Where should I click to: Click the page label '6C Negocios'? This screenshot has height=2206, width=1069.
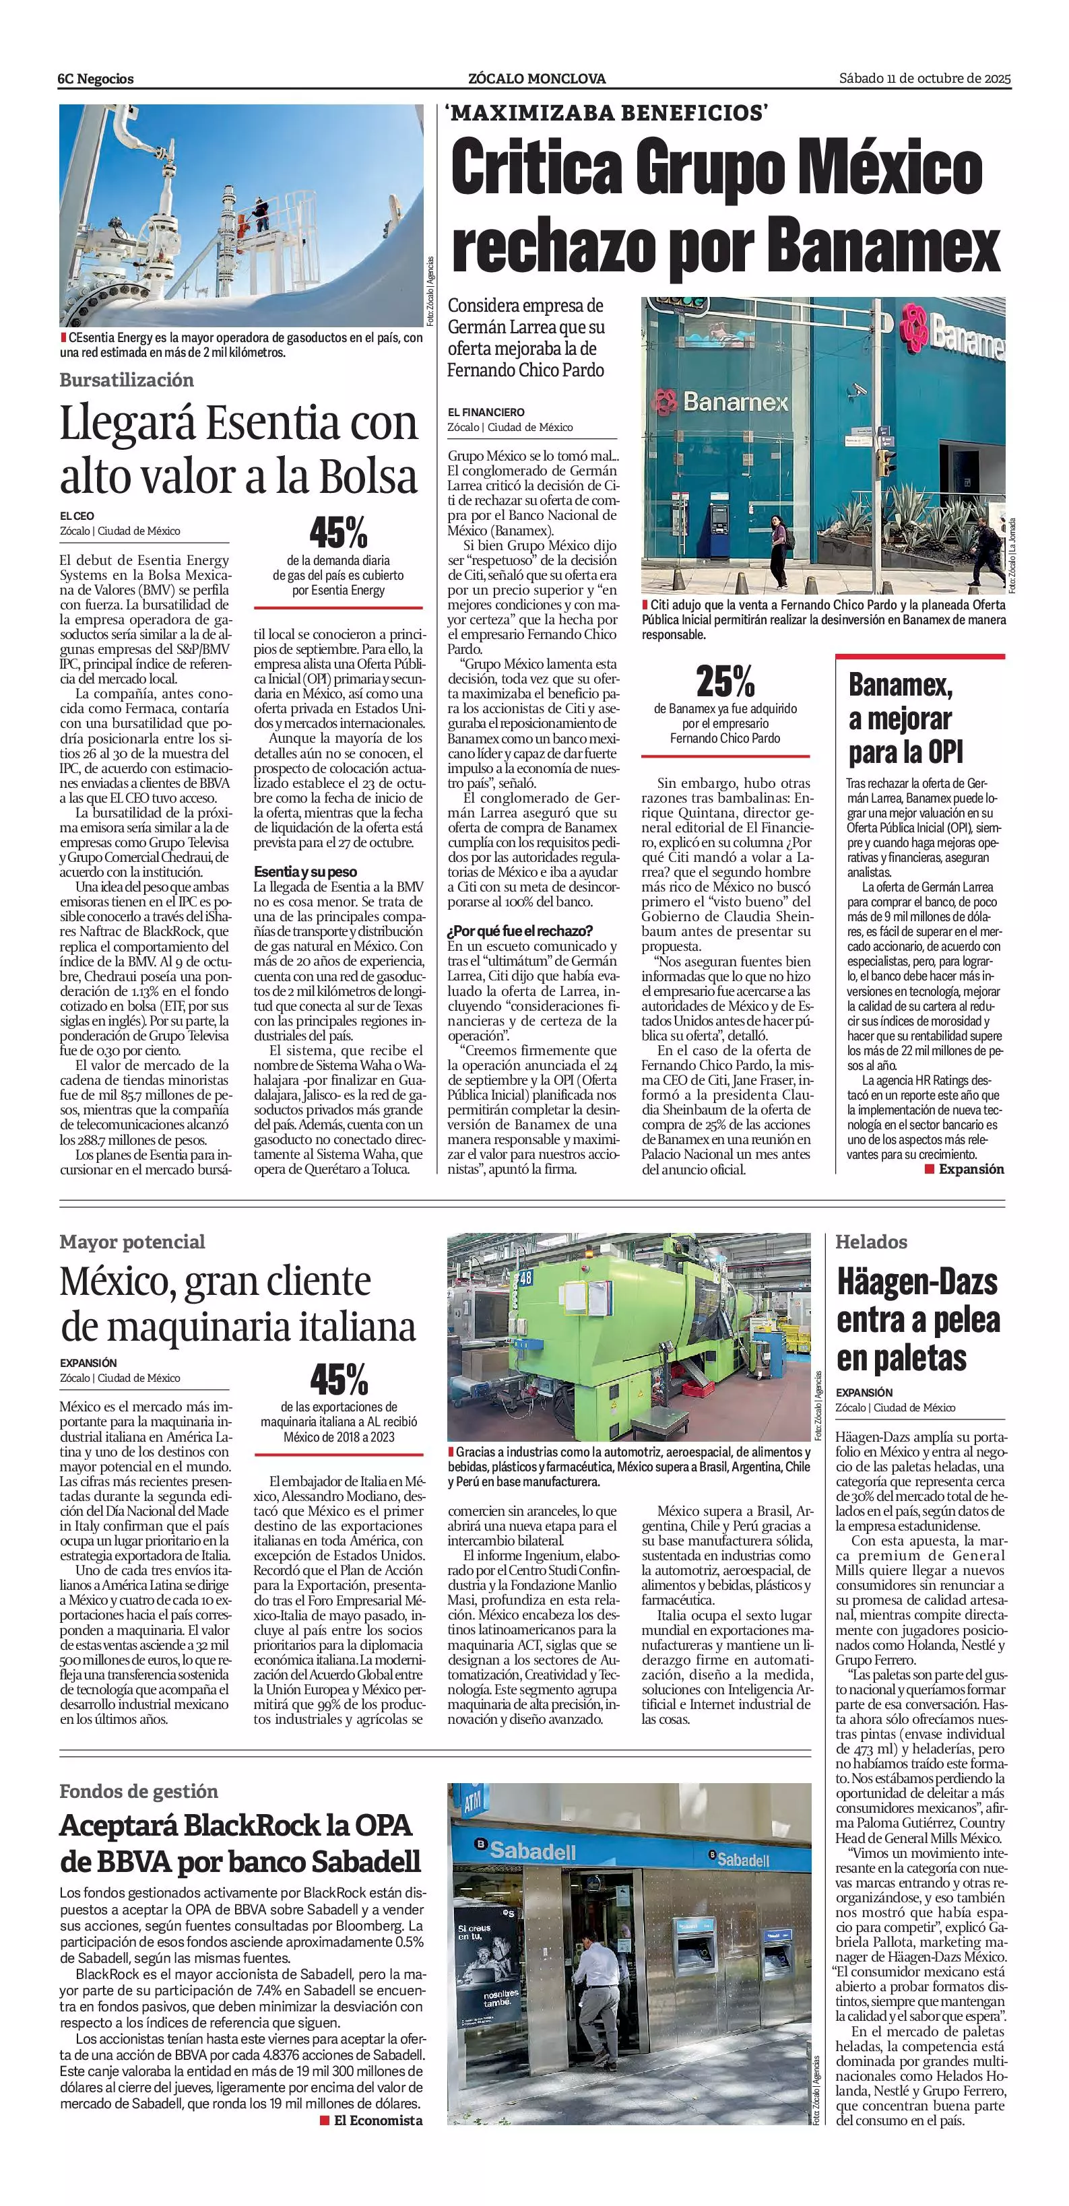pos(96,79)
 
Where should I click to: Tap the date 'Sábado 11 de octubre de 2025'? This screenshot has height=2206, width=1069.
pos(924,79)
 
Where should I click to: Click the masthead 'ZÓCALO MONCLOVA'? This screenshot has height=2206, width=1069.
pos(536,79)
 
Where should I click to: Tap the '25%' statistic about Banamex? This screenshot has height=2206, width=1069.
pos(725,681)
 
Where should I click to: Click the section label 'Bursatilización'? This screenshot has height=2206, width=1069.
pos(127,380)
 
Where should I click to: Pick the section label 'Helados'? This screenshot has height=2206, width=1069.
pos(871,1241)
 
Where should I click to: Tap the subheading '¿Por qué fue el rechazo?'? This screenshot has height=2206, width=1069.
pos(520,930)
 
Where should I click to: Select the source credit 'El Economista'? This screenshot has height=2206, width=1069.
pos(378,2120)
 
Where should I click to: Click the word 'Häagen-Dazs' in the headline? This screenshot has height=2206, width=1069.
pos(917,1282)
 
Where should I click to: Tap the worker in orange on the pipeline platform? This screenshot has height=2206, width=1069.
pos(242,224)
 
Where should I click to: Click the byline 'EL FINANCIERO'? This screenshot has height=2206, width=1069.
pos(486,412)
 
